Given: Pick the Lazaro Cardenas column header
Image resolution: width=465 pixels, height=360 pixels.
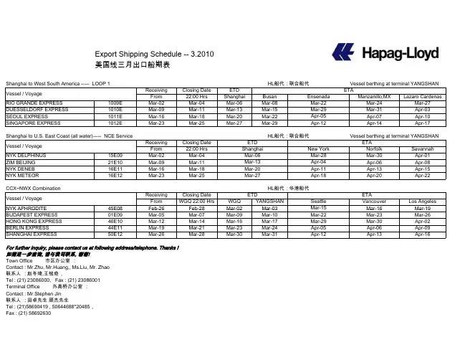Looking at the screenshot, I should tap(422, 97).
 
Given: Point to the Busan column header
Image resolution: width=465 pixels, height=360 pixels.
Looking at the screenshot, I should tap(269, 97).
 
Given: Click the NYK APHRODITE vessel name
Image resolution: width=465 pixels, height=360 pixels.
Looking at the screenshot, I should tap(26, 209).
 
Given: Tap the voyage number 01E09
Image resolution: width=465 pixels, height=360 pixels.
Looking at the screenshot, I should tap(115, 214).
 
